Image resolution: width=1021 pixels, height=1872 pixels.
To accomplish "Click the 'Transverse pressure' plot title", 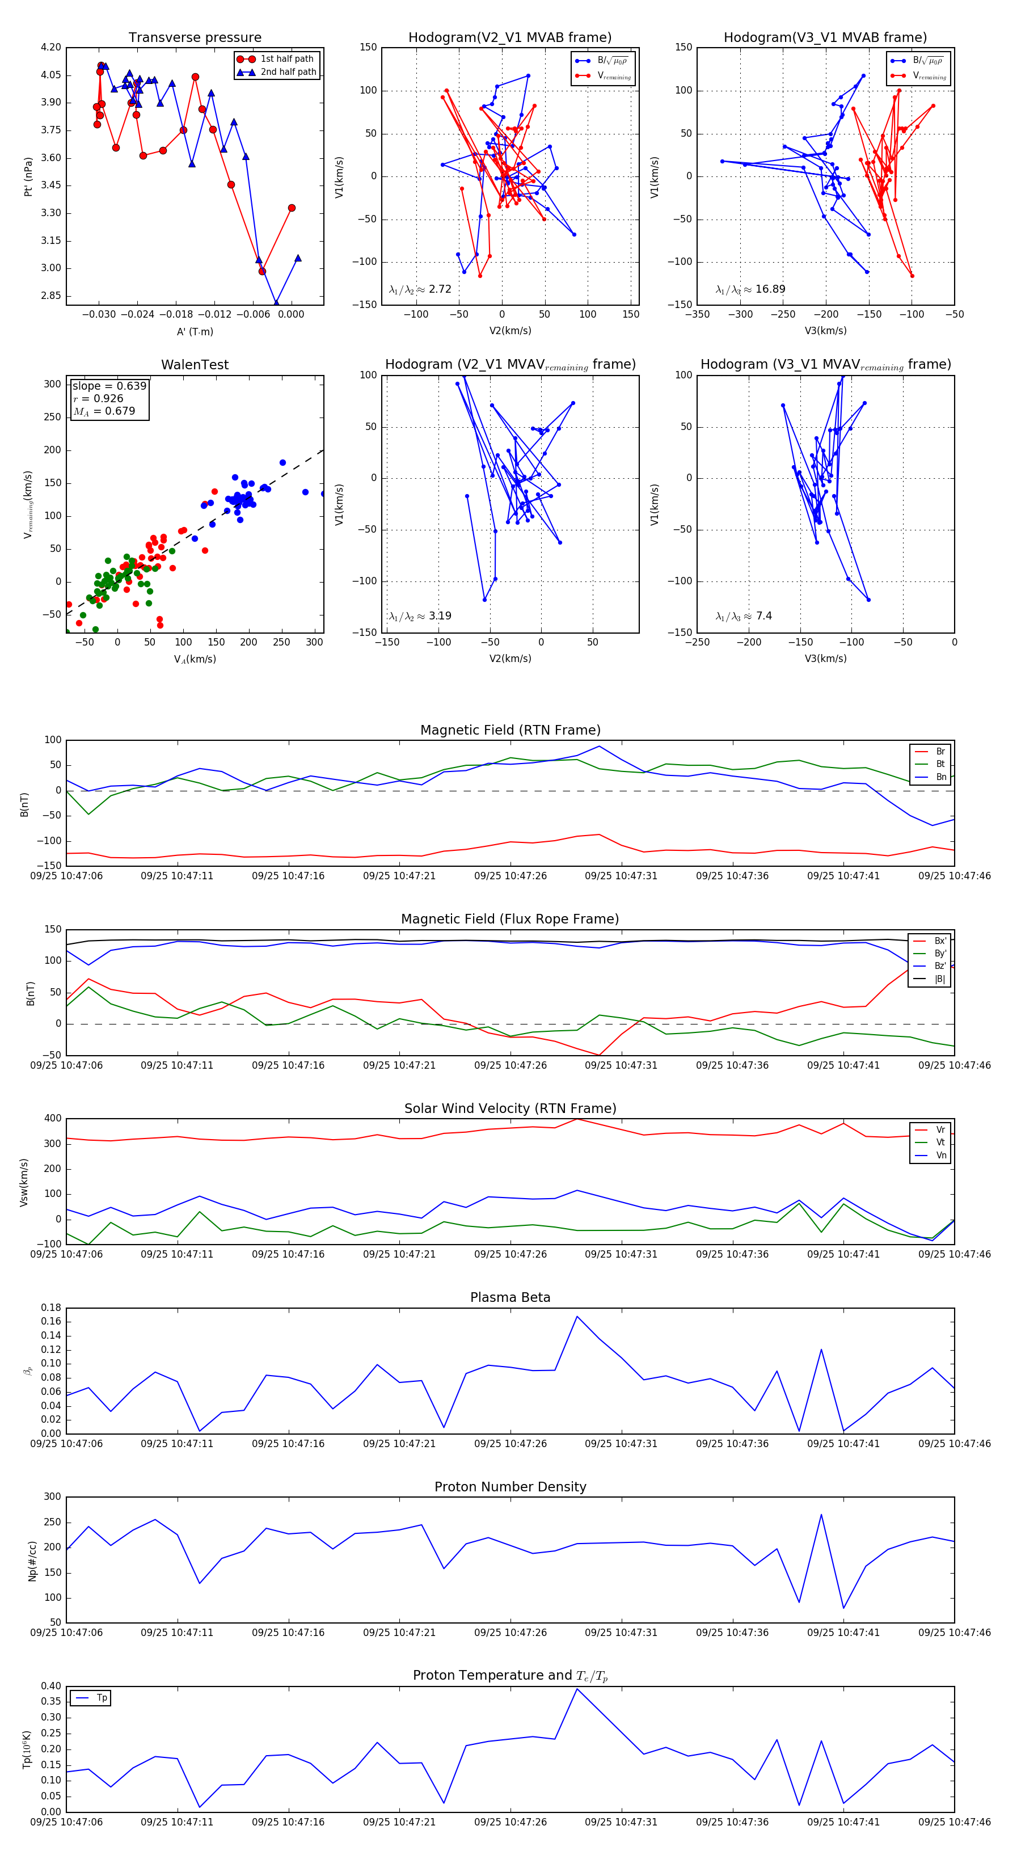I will pos(195,38).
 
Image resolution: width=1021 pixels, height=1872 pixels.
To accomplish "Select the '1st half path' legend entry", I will pos(286,59).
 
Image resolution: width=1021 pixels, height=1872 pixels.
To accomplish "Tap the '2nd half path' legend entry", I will pos(288,72).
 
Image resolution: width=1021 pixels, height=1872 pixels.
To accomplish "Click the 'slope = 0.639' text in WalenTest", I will pos(109,386).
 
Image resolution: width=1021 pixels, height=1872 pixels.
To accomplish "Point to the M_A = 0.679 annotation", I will pos(104,411).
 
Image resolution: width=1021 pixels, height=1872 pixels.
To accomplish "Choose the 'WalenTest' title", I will pos(195,365).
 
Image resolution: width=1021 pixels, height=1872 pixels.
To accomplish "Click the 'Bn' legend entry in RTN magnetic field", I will pos(940,777).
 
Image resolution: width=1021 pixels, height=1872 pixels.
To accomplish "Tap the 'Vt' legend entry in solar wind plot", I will pos(940,1142).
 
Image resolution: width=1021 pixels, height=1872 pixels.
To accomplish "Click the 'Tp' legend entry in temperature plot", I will pos(102,1698).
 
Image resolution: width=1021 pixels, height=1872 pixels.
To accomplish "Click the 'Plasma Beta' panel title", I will pos(510,1297).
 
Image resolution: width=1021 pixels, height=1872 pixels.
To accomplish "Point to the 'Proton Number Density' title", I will pos(510,1487).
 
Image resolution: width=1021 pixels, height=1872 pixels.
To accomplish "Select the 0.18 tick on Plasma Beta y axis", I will pos(51,1308).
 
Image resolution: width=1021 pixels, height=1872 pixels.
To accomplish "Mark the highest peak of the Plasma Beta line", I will pos(577,1316).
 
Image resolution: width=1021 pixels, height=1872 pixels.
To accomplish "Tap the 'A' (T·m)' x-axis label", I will pos(195,331).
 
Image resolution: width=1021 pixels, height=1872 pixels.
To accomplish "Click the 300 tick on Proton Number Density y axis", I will pos(52,1497).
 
